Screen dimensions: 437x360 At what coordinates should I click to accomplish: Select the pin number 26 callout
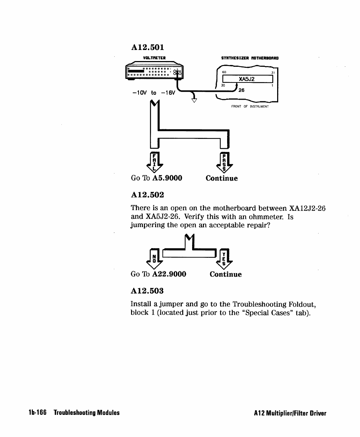242,90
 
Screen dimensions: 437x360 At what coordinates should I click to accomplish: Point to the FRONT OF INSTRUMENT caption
250,106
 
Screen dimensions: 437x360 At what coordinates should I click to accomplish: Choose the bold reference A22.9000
169,274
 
